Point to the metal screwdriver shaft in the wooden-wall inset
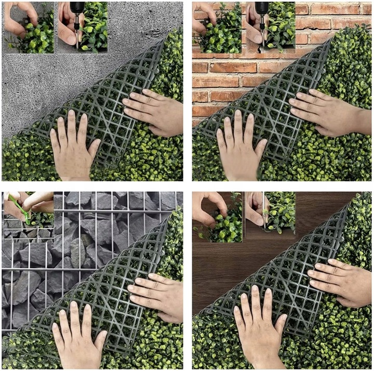264,213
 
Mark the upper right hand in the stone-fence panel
156,296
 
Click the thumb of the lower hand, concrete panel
95,148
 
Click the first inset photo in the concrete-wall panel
29,27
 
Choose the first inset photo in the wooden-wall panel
218,217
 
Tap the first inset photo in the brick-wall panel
218,27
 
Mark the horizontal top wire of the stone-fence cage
104,210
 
